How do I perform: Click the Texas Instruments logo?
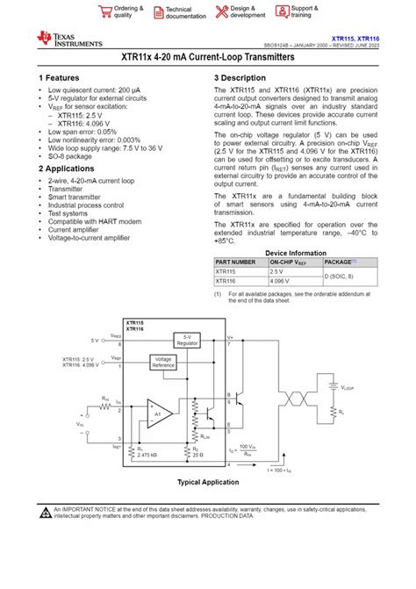(x=69, y=37)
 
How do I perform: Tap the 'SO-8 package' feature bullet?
(x=73, y=157)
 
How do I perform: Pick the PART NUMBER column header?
(x=234, y=262)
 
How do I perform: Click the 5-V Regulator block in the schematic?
(x=188, y=340)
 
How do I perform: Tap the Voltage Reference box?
(x=164, y=362)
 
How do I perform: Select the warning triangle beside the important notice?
(x=44, y=512)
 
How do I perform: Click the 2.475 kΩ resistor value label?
(x=147, y=455)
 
